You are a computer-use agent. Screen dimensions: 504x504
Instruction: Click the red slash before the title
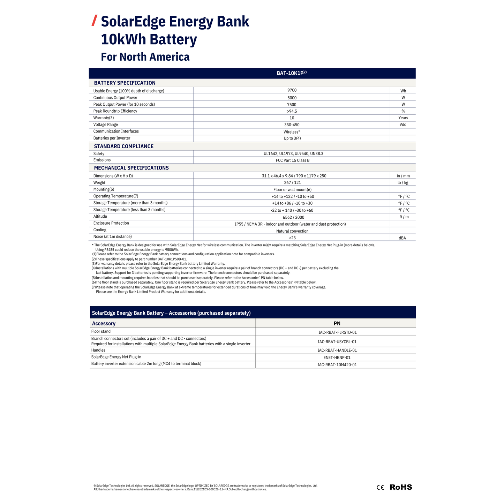tap(94, 21)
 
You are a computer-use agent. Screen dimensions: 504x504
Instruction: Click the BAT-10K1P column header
tap(291, 73)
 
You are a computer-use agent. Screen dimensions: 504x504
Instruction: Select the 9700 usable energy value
tap(292, 90)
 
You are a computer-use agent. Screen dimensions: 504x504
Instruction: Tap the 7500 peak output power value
tap(292, 105)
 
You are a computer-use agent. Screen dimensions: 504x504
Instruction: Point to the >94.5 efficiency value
tap(292, 111)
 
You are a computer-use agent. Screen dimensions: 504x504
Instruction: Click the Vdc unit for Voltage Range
tap(403, 125)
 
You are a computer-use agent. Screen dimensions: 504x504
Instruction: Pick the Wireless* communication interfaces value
tap(292, 132)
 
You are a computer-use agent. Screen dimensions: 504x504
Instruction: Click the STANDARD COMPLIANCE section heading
tap(123, 146)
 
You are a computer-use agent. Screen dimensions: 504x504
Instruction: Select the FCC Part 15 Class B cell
tap(292, 160)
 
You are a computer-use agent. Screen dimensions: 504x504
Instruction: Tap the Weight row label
tap(99, 183)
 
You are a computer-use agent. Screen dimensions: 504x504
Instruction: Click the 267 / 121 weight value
tap(292, 183)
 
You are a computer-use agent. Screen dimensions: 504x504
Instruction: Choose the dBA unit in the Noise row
tap(402, 238)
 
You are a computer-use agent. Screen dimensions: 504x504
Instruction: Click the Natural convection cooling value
tap(292, 231)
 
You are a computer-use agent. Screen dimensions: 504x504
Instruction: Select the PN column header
tap(337, 324)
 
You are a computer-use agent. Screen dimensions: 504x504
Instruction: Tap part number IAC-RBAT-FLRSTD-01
tap(337, 332)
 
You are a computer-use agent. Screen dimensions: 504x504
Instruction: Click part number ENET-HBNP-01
tap(337, 358)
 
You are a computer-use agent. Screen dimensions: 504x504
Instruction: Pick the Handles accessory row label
tap(98, 350)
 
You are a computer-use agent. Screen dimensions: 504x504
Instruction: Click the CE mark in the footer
tap(380, 488)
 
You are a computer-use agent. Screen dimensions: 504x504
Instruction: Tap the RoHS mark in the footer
tap(401, 487)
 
